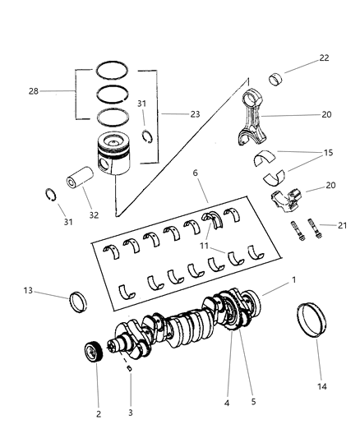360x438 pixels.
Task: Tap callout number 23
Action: tap(194, 114)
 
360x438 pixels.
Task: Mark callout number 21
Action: tap(327, 225)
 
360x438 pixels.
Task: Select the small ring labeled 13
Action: tap(80, 302)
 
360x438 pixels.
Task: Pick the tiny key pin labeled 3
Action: tap(129, 367)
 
